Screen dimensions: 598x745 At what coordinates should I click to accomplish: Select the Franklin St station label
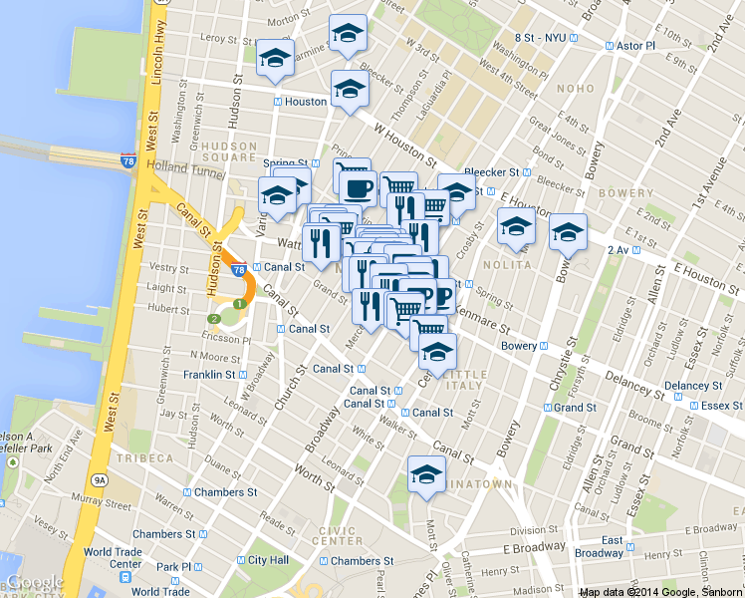pos(209,375)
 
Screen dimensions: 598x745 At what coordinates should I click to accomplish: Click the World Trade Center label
pos(112,558)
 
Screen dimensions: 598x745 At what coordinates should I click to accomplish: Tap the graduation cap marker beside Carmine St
pos(275,58)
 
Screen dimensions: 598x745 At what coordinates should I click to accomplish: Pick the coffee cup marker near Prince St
pos(358,186)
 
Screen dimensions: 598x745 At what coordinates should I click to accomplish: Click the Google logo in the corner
pos(33,583)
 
